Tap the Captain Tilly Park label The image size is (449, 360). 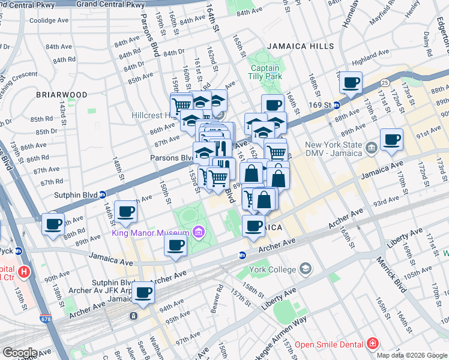[x=265, y=73]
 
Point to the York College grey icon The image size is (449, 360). [x=306, y=268]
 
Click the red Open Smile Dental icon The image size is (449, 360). [x=372, y=344]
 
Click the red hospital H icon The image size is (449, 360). [x=24, y=272]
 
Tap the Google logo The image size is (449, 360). [x=19, y=353]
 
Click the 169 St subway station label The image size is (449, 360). [x=319, y=105]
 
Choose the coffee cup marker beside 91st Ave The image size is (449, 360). [x=392, y=140]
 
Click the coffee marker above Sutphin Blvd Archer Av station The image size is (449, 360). [x=143, y=292]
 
